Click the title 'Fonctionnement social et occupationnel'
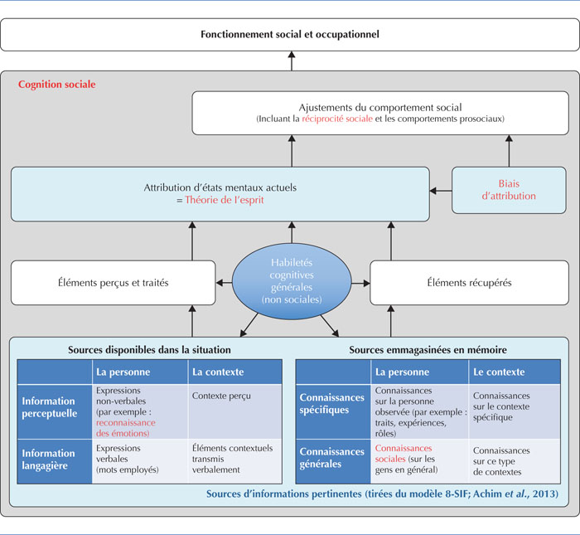pyautogui.click(x=290, y=35)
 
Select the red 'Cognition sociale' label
pyautogui.click(x=57, y=85)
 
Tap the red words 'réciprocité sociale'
pyautogui.click(x=337, y=119)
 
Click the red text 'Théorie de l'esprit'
pyautogui.click(x=225, y=200)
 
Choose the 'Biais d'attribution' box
pyautogui.click(x=509, y=190)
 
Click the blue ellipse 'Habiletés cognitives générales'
pyautogui.click(x=292, y=281)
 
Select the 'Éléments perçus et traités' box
pyautogui.click(x=114, y=283)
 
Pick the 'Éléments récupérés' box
pyautogui.click(x=469, y=283)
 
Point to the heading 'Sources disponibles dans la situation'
pyautogui.click(x=149, y=350)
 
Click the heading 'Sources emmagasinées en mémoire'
pyautogui.click(x=428, y=350)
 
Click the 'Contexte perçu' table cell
pyautogui.click(x=221, y=396)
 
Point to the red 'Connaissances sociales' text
pyautogui.click(x=404, y=454)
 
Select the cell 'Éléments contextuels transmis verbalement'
pyautogui.click(x=232, y=459)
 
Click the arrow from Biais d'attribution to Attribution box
pyautogui.click(x=441, y=191)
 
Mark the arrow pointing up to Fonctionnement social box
pyautogui.click(x=292, y=61)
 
